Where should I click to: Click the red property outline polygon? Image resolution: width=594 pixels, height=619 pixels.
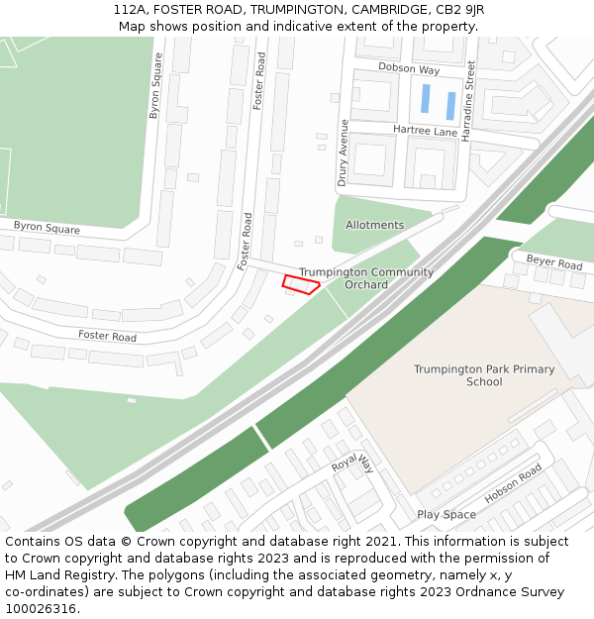301,285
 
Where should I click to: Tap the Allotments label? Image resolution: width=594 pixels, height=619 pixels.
374,225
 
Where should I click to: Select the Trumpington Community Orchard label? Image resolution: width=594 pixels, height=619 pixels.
366,278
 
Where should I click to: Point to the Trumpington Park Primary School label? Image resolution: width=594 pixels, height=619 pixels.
484,375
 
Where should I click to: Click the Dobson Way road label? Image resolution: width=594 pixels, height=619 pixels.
409,69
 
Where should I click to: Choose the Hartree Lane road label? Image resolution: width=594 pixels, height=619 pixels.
425,131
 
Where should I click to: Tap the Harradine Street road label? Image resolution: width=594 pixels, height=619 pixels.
471,100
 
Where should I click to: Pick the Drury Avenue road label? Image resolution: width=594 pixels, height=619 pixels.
344,153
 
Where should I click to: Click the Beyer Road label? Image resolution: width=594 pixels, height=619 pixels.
554,263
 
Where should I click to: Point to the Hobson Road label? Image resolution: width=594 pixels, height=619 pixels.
513,483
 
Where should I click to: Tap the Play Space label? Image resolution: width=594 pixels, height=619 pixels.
446,515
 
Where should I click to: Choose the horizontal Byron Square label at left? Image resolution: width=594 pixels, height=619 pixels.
47,227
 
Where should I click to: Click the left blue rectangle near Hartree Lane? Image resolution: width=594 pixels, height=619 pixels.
426,98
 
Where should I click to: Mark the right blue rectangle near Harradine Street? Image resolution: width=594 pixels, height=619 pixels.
450,105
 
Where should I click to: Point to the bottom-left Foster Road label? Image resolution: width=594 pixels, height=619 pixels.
108,336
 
